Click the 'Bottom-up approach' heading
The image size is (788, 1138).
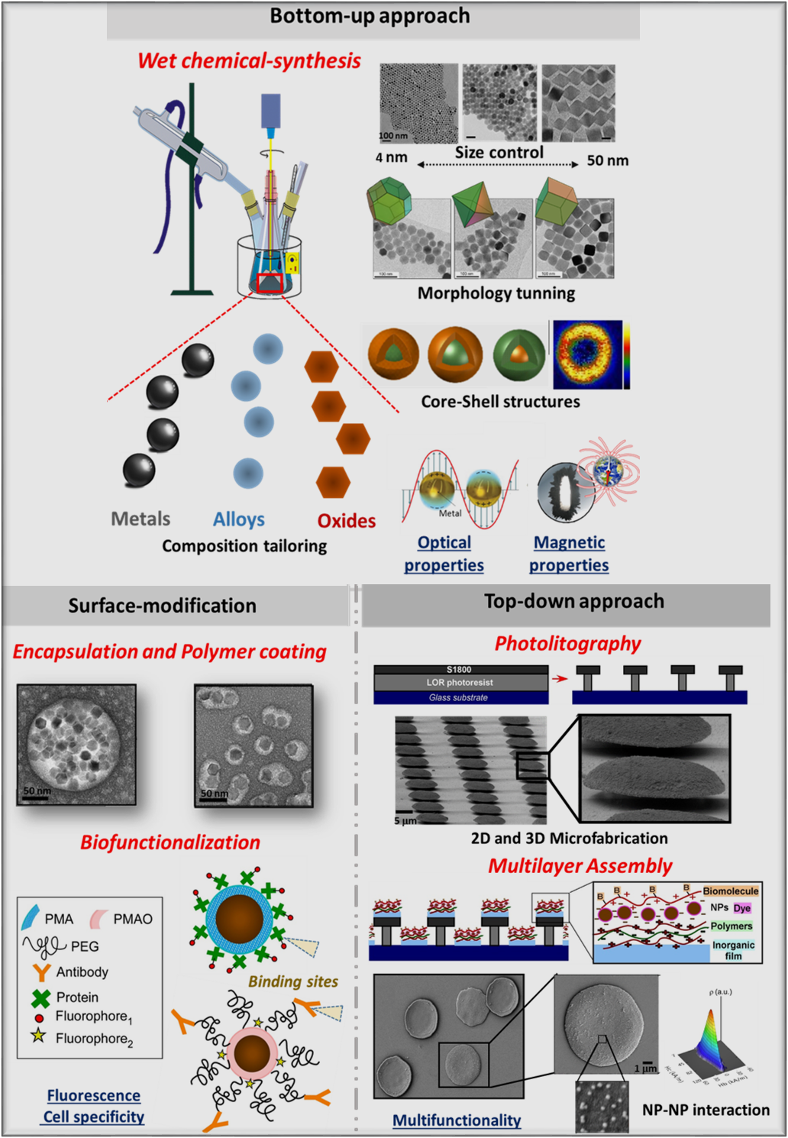(370, 16)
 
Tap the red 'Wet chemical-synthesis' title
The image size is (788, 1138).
(249, 61)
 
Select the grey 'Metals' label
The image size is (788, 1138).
(140, 519)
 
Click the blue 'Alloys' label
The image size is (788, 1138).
(238, 520)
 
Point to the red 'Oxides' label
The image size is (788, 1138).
(347, 521)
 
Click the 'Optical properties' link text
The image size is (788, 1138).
(444, 554)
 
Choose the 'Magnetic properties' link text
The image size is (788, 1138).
(569, 554)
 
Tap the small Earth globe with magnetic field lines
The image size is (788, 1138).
(609, 471)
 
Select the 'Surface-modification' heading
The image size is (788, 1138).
(162, 606)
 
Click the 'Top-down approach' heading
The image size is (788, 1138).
(574, 601)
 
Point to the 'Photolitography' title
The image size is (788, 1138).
(567, 644)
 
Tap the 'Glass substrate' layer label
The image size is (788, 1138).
(458, 697)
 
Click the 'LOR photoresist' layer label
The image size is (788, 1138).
(460, 682)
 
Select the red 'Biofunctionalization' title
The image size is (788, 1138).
(170, 842)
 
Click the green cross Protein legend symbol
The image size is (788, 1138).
(41, 997)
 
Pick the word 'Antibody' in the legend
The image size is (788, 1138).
(82, 972)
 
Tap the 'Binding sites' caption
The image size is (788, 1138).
(293, 982)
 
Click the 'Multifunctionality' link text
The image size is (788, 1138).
(457, 1120)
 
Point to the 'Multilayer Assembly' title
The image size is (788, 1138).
(580, 866)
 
